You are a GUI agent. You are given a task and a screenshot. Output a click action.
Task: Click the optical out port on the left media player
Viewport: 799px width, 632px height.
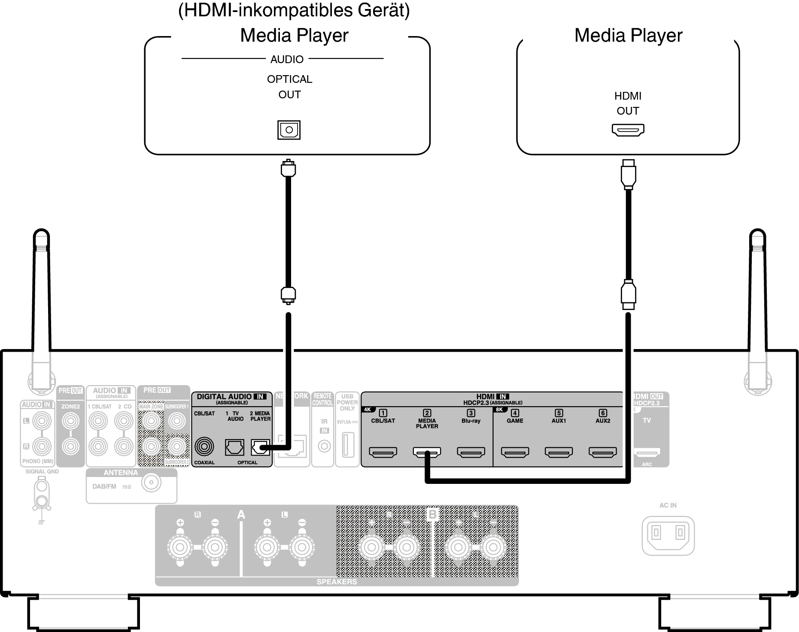coord(289,130)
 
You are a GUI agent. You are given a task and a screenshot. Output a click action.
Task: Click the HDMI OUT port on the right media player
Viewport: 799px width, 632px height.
coord(628,130)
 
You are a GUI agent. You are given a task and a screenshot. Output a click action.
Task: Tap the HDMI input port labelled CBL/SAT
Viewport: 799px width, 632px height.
coord(383,452)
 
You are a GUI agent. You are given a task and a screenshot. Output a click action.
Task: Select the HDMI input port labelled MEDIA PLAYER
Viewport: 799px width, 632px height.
coord(427,452)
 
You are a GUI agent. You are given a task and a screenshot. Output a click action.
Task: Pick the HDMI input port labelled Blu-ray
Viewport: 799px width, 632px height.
coord(471,452)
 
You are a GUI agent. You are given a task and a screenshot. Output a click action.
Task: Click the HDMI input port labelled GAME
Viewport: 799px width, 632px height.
coord(515,452)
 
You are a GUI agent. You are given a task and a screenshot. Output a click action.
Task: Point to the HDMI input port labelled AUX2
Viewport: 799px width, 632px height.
coord(602,452)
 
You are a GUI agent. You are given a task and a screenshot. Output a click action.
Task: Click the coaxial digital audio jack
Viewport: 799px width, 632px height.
coord(204,447)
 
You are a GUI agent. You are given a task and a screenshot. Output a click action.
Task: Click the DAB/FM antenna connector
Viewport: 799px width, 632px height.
coord(151,483)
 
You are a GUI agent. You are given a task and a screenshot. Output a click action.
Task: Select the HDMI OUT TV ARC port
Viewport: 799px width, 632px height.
coord(647,452)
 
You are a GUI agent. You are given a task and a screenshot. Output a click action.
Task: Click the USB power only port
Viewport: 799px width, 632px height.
coord(347,445)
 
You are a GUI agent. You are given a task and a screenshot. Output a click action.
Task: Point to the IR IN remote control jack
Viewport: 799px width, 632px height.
coord(324,447)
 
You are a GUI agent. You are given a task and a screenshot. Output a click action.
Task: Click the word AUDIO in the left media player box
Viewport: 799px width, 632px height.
coord(287,59)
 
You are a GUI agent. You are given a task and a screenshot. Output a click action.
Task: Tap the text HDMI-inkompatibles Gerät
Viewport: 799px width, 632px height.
coord(294,11)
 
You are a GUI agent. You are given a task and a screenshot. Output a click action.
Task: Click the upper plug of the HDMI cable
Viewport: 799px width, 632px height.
coord(628,174)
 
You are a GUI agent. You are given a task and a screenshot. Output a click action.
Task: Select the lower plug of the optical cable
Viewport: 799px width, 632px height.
coord(288,295)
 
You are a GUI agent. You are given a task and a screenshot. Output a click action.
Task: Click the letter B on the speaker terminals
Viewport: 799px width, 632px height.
coord(432,514)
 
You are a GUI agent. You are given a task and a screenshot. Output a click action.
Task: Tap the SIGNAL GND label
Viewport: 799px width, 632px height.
coord(42,471)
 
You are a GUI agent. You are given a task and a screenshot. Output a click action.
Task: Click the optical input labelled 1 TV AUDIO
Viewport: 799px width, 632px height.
coord(234,447)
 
